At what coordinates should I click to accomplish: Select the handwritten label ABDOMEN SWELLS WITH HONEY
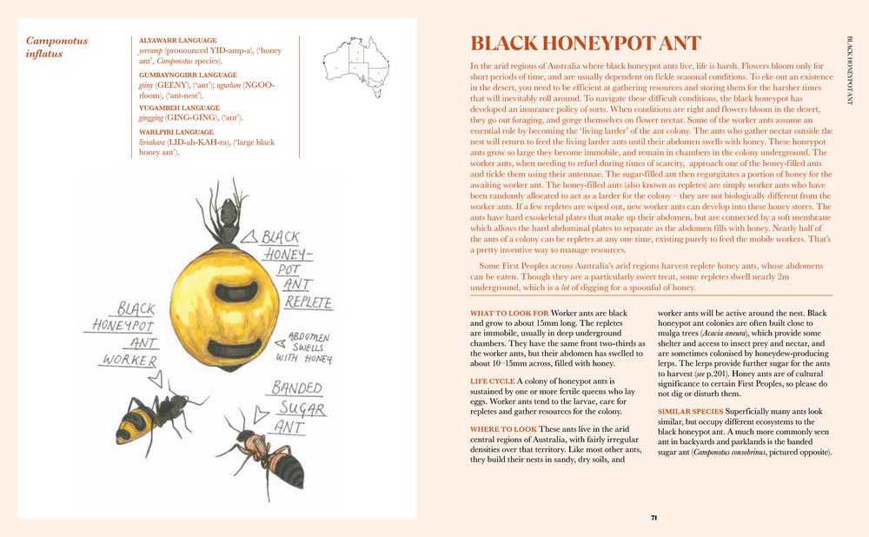[x=304, y=345]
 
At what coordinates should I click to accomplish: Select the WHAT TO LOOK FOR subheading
[x=509, y=313]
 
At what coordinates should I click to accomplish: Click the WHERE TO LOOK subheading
[x=503, y=429]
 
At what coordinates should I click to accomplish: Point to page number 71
[x=653, y=518]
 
